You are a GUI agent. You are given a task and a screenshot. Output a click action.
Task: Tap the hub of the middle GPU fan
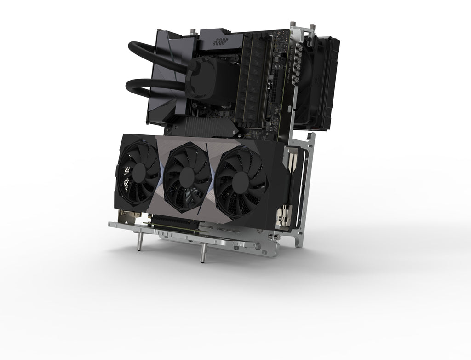[187, 177]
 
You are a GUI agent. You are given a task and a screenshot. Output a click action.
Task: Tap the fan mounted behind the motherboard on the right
[317, 83]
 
